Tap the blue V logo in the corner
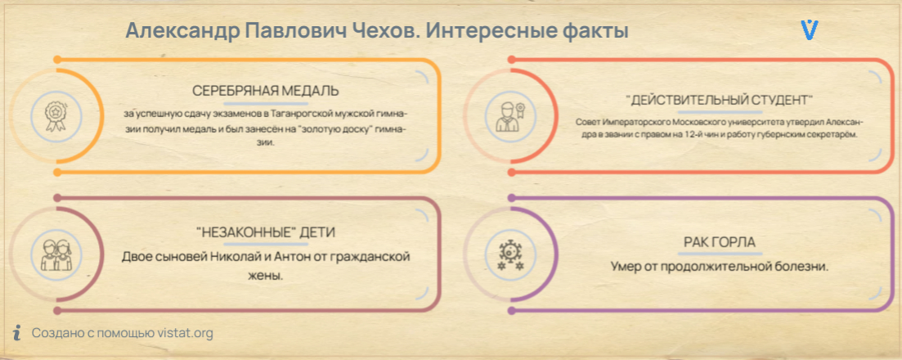810,30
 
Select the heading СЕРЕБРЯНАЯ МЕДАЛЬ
265,91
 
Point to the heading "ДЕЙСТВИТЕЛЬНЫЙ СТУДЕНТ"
719,99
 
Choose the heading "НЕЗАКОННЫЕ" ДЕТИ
265,232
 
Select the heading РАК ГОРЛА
719,242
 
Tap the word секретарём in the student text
837,135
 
